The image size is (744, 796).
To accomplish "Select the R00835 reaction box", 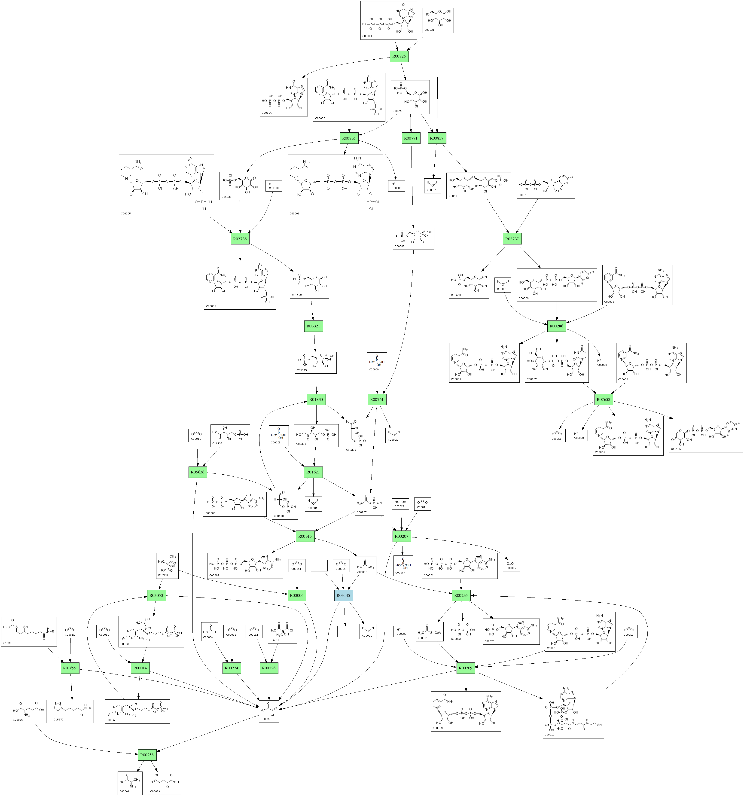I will pyautogui.click(x=349, y=138).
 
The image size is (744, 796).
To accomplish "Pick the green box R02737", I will pyautogui.click(x=512, y=239).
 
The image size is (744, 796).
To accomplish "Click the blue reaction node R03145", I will pyautogui.click(x=343, y=595).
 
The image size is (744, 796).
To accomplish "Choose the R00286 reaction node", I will pyautogui.click(x=556, y=326).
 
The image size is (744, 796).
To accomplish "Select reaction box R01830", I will pyautogui.click(x=316, y=400).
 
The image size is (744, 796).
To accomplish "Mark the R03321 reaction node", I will pyautogui.click(x=313, y=326).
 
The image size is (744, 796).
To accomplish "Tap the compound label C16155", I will pyautogui.click(x=676, y=449).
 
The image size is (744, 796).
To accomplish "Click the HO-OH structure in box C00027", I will pyautogui.click(x=400, y=502).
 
